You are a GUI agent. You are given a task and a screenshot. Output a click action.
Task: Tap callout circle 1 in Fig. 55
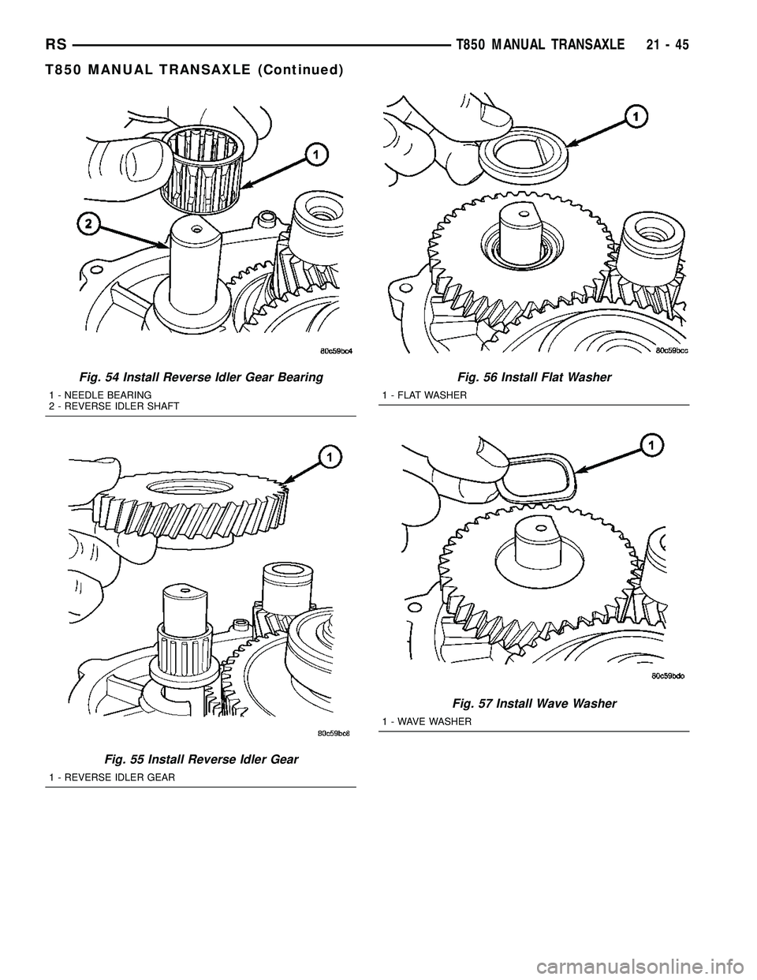(x=330, y=456)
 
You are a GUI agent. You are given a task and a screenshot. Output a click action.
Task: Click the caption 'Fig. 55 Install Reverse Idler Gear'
(x=201, y=759)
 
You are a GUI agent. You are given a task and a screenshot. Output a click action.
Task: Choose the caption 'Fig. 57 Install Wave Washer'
(x=534, y=703)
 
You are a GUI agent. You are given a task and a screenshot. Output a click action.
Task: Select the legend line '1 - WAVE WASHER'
(x=426, y=722)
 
